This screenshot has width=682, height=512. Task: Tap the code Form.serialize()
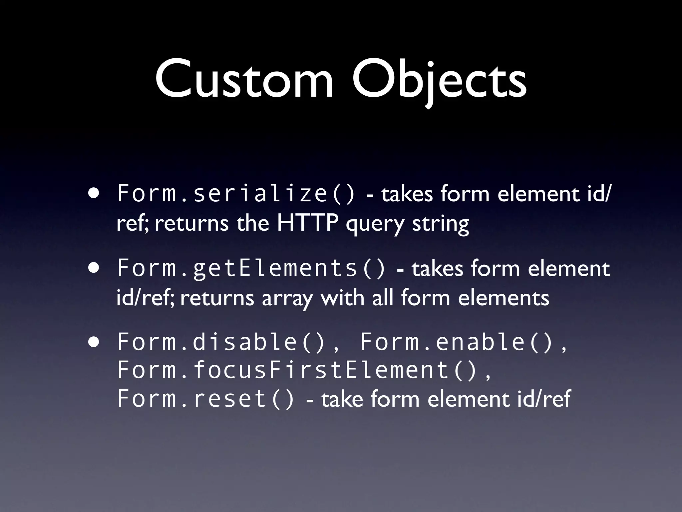tap(236, 194)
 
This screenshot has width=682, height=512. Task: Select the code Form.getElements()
tap(251, 268)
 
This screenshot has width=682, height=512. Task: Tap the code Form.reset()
tap(206, 399)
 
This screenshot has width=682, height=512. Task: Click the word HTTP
tap(307, 223)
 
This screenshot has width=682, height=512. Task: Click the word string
tap(440, 224)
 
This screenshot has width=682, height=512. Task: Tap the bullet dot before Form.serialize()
tap(94, 194)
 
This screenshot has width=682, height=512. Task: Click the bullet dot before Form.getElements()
tap(94, 268)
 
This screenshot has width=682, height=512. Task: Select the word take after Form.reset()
tap(342, 399)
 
